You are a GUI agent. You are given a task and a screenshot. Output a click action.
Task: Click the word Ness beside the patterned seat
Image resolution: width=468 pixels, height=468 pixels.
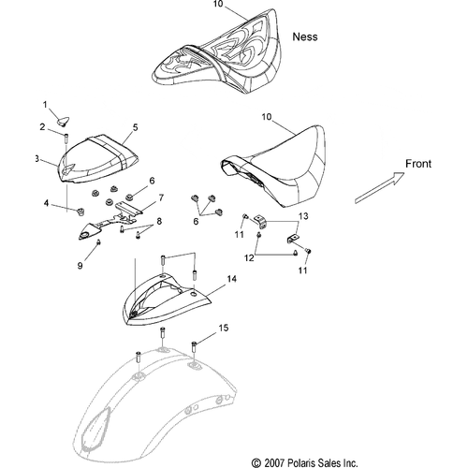click(305, 37)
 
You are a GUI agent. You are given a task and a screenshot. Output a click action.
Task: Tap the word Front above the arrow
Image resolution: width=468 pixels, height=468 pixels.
click(418, 164)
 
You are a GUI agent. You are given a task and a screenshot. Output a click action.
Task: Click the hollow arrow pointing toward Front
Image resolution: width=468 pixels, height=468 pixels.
click(379, 188)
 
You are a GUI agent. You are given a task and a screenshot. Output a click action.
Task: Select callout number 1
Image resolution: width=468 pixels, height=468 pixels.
click(45, 105)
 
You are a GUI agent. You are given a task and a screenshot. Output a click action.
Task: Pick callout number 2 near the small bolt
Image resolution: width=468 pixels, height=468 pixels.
click(42, 127)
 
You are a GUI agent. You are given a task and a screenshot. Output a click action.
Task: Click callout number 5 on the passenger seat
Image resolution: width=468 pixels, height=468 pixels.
click(135, 127)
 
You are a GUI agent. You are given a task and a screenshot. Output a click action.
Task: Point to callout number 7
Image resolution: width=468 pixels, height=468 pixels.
click(161, 197)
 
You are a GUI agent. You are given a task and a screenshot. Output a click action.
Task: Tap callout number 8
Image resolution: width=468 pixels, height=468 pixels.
click(159, 221)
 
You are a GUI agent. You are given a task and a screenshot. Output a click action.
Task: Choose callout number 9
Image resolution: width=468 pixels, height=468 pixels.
click(80, 266)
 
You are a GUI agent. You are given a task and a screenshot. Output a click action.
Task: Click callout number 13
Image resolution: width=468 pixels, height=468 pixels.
click(303, 216)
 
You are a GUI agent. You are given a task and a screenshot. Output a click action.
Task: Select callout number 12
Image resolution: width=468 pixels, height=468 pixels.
click(249, 258)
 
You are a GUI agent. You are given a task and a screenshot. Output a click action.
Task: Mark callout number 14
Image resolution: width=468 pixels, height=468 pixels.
click(231, 279)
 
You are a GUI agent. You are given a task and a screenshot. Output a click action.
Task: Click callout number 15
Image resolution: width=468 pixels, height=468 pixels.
click(223, 328)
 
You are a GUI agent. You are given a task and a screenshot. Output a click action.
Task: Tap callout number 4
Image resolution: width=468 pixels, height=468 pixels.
click(46, 203)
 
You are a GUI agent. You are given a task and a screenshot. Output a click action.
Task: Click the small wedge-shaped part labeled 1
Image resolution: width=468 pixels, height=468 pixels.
click(64, 121)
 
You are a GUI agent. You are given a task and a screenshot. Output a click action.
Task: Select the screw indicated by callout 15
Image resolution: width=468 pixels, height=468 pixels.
click(194, 347)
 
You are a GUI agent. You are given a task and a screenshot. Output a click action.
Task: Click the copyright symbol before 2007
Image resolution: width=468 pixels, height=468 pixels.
click(256, 462)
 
